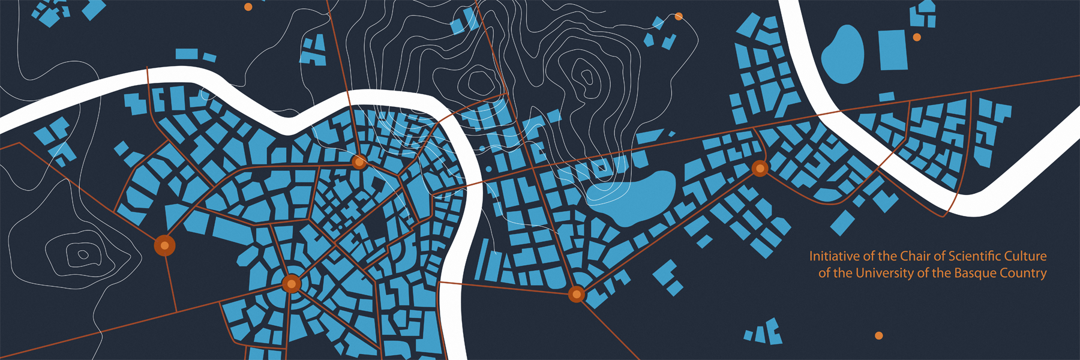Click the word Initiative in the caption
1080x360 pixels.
point(834,256)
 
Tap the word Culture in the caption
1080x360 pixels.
point(1026,256)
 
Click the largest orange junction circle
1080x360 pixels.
point(164,245)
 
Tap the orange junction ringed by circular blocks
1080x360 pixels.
point(292,283)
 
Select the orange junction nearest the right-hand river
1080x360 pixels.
point(760,169)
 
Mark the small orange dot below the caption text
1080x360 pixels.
point(879,335)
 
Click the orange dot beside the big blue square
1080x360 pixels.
point(917,37)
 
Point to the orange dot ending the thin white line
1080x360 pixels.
point(679,17)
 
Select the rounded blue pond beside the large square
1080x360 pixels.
point(843,55)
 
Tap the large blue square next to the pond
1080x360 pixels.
point(893,50)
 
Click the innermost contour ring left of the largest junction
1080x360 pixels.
point(83,255)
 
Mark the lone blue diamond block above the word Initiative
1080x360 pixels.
point(842,222)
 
